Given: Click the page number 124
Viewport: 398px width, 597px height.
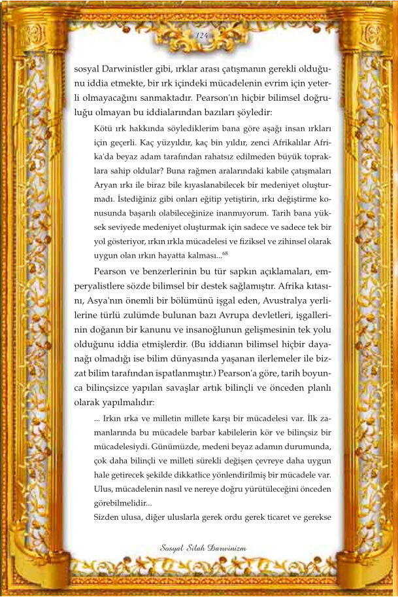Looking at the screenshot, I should [x=201, y=36].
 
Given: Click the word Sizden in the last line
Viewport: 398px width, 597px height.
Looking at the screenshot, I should [x=107, y=518].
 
